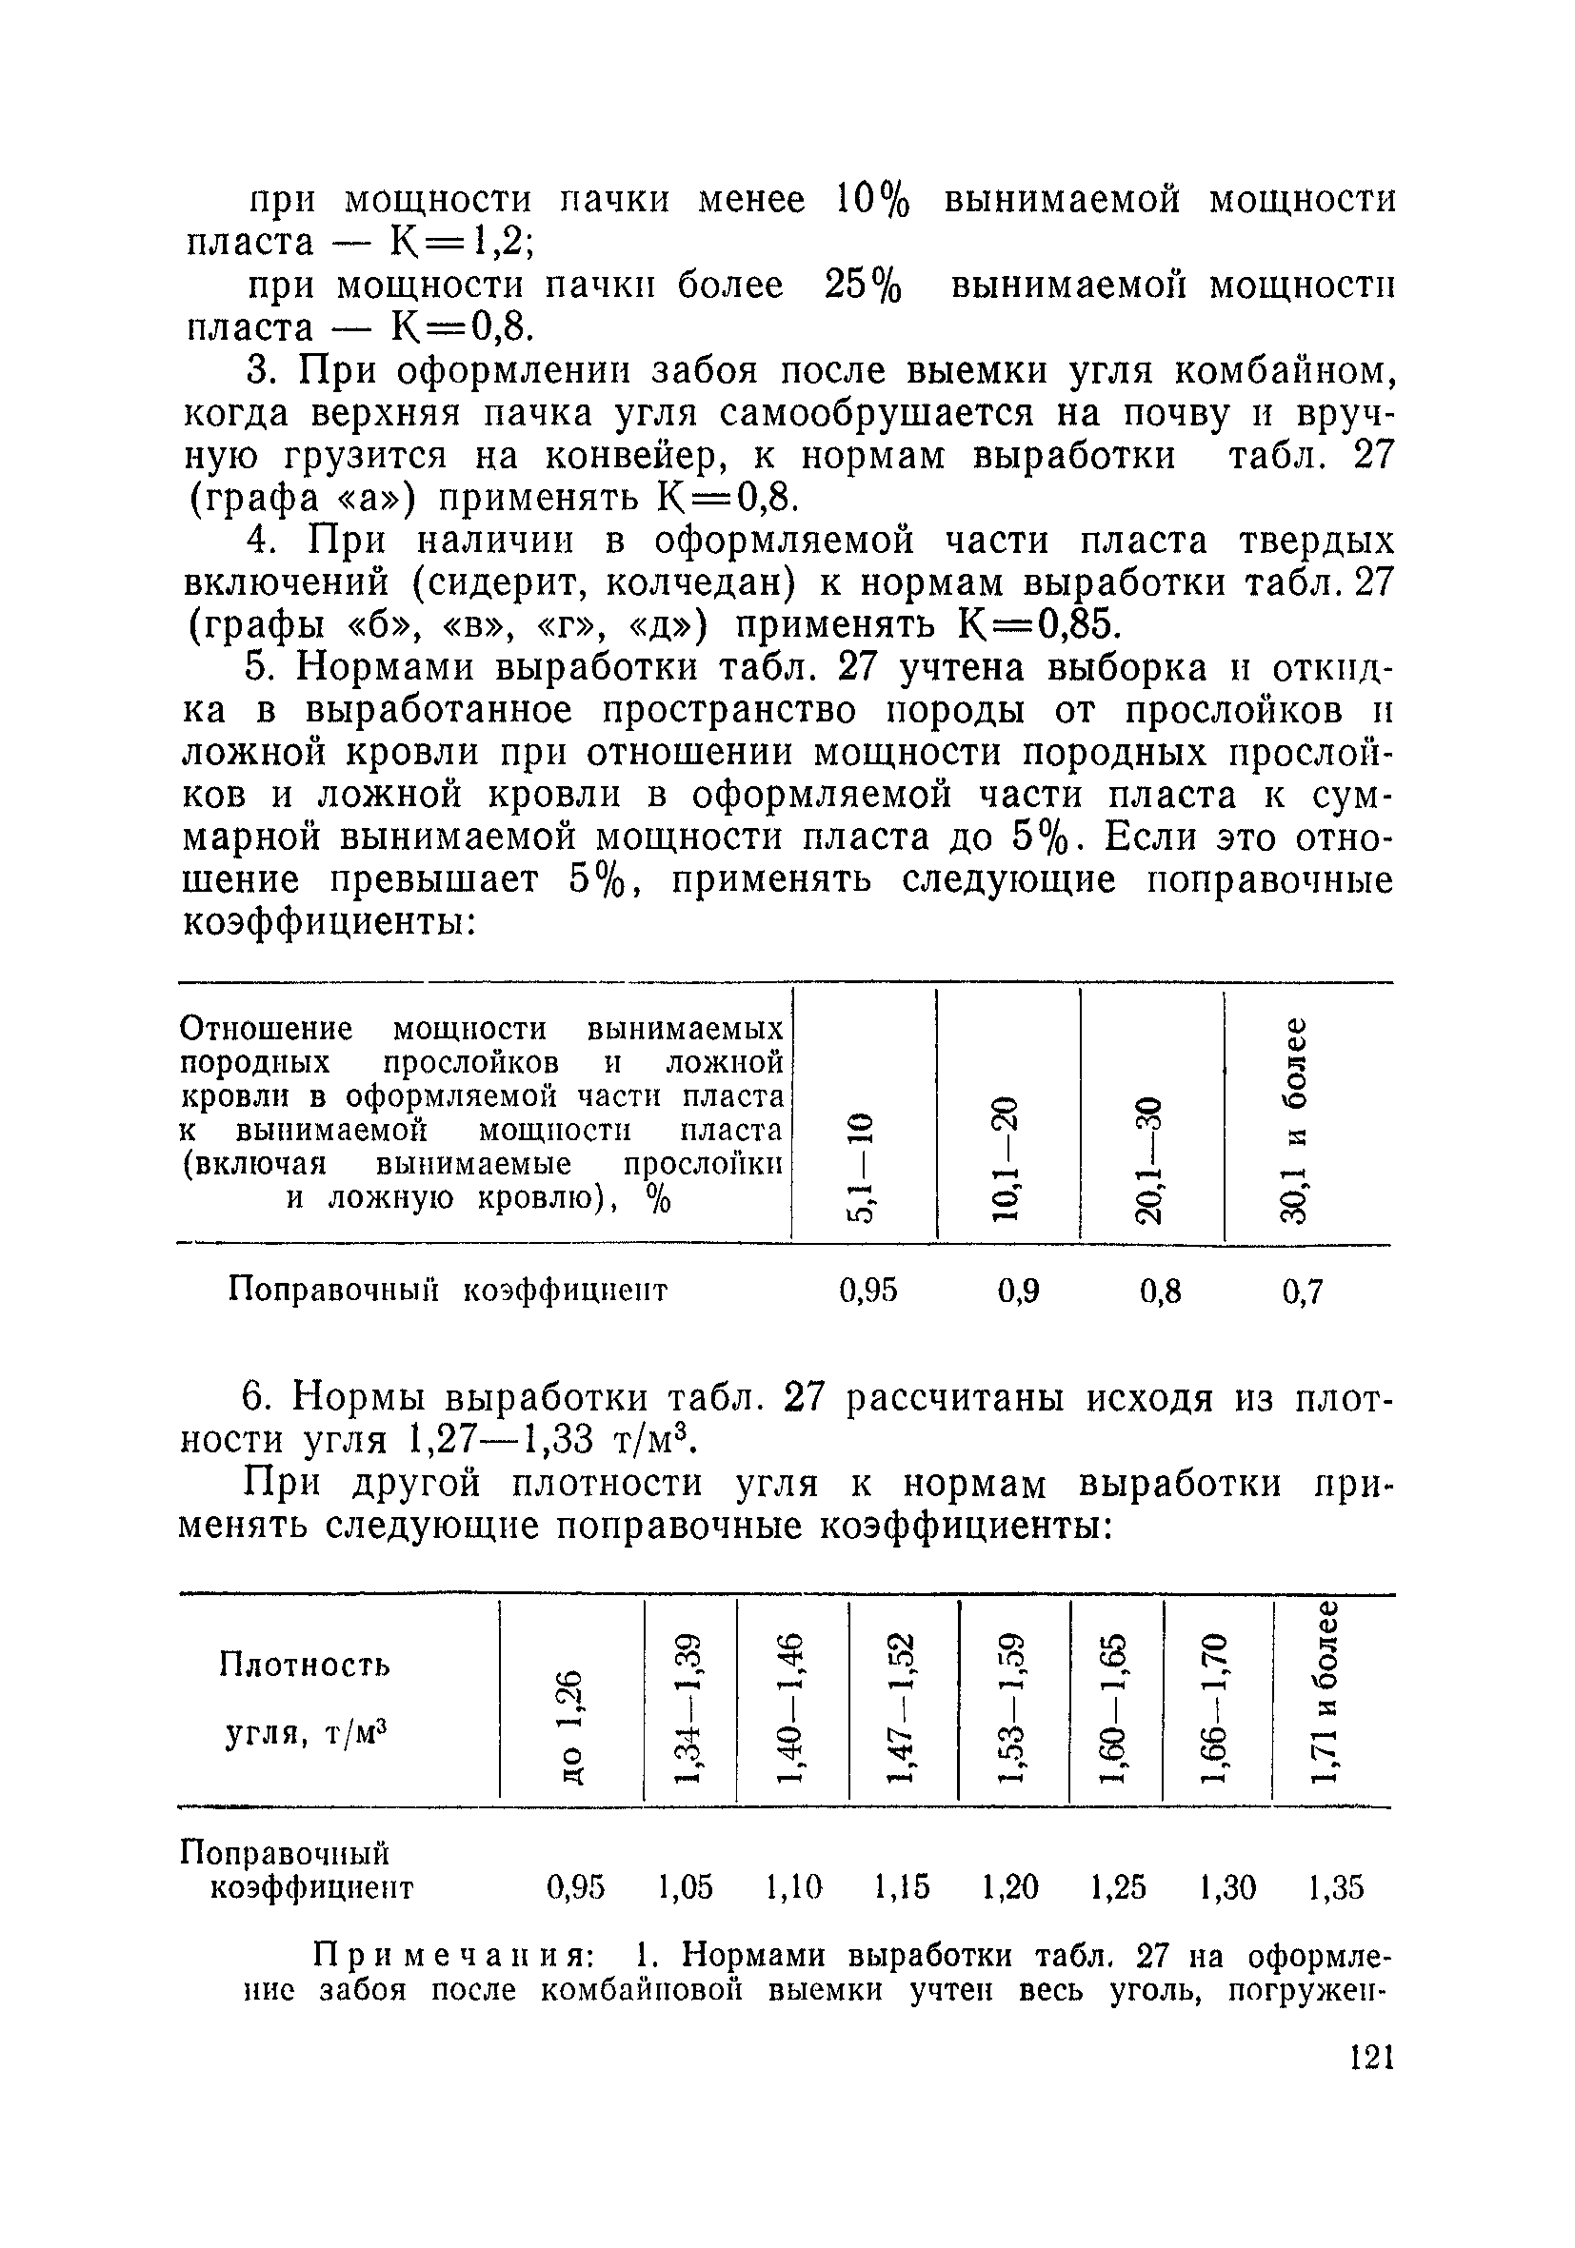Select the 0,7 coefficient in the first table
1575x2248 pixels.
pos(1303,1293)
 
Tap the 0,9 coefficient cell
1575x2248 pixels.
pos(1019,1292)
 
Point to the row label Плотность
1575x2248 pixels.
pos(305,1665)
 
